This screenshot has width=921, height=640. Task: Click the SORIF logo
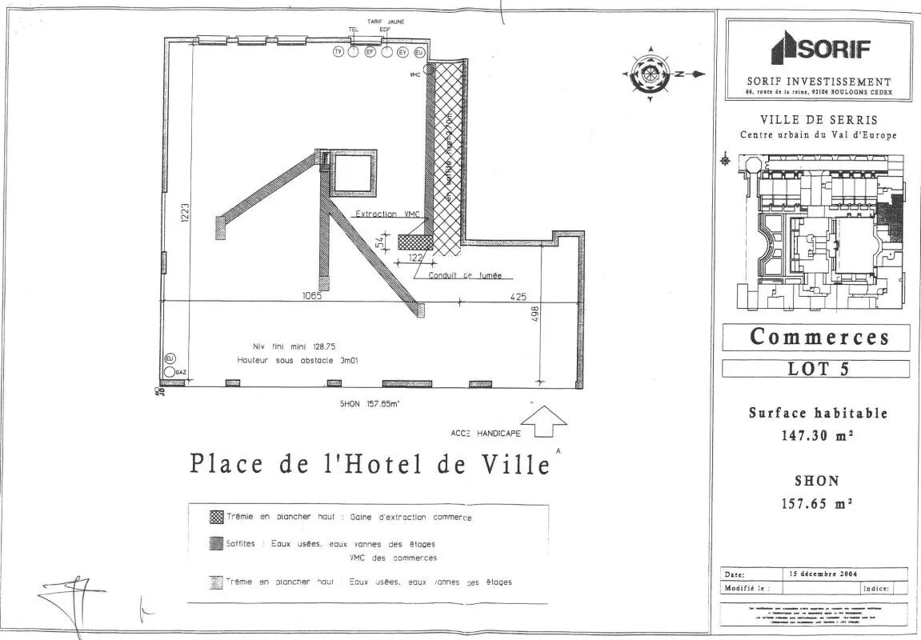(x=819, y=49)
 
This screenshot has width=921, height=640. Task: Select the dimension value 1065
(x=312, y=295)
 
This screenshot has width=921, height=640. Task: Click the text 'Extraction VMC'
(x=387, y=214)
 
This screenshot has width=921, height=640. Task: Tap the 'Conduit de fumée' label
(x=464, y=276)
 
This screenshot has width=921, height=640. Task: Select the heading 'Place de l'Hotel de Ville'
(x=369, y=464)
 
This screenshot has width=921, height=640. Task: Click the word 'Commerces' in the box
(x=819, y=337)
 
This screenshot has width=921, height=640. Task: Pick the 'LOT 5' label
(x=816, y=369)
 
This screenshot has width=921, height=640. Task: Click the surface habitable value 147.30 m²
(x=816, y=436)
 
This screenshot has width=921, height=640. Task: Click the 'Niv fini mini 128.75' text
(x=294, y=346)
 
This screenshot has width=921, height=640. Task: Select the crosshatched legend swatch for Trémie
(x=216, y=517)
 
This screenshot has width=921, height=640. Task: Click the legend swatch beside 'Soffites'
(x=216, y=544)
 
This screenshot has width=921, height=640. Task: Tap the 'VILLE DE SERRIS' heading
(x=818, y=119)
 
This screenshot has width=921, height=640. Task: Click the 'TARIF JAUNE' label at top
(x=385, y=22)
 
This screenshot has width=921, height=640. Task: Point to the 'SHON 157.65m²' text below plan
(x=370, y=404)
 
